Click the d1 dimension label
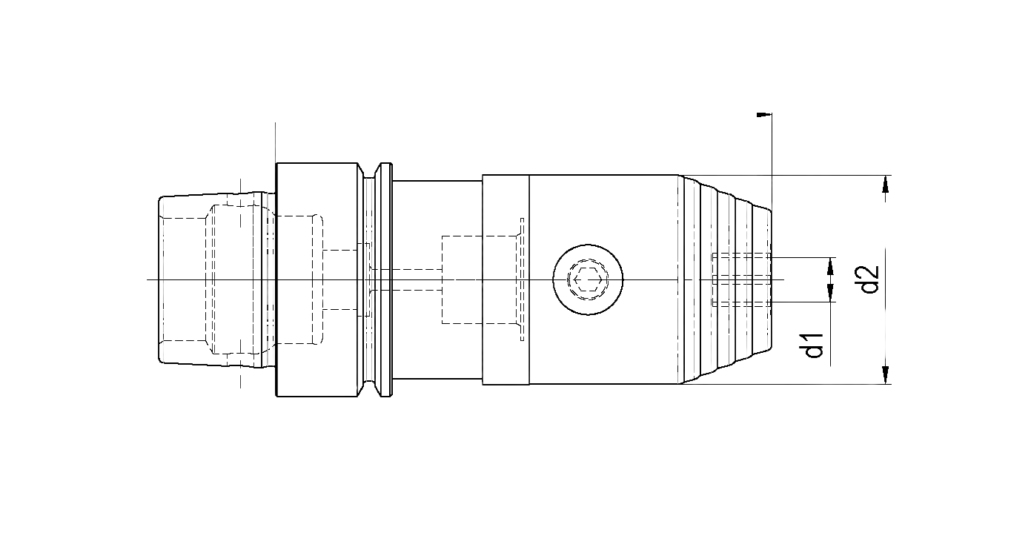815,345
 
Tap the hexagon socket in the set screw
587,279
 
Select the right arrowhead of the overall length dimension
763,115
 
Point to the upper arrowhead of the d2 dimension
885,183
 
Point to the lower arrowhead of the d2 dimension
885,376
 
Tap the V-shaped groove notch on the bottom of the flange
374,388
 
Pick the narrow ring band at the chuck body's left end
505,279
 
